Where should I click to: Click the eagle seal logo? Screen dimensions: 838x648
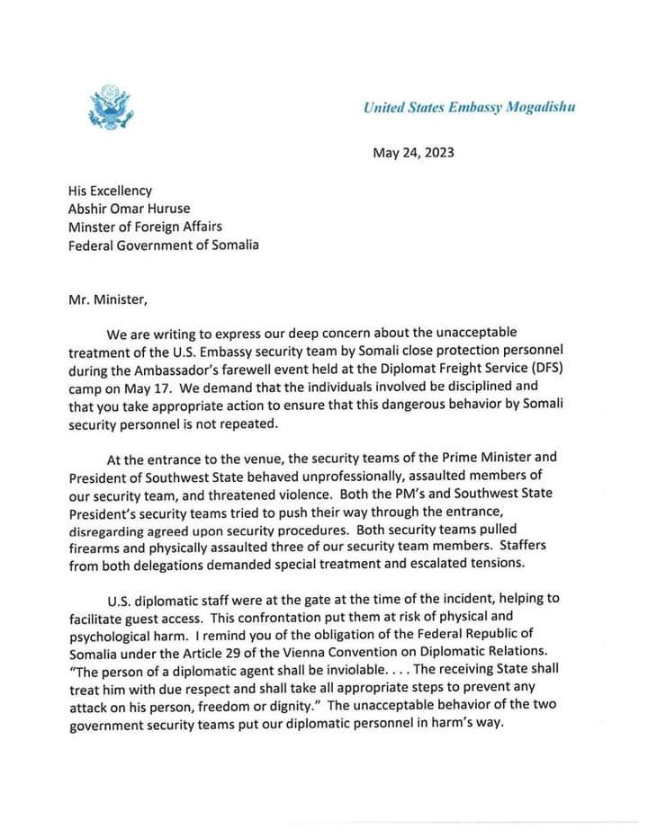tap(110, 106)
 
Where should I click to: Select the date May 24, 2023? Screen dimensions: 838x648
tap(413, 152)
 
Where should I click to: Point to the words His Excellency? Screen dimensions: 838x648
tap(111, 190)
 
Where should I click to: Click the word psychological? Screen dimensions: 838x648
tap(109, 635)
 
